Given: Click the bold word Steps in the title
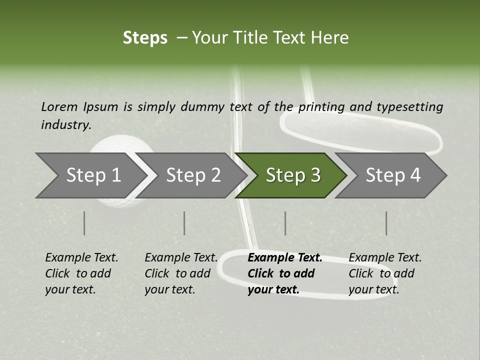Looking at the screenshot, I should coord(145,38).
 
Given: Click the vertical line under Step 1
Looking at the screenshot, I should coord(84,223).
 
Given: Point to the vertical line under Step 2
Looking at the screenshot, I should coord(184,223).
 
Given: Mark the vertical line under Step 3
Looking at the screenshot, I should coord(285,223).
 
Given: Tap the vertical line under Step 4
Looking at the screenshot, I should coord(386,223).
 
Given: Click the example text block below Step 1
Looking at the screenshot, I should coord(81,273).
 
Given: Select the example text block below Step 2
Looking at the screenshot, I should coord(181,273).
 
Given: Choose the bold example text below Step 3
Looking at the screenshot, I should coord(285,273).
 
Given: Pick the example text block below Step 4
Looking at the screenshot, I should coord(385,273).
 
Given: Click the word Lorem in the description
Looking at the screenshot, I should coord(59,106).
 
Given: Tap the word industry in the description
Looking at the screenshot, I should coord(66,125).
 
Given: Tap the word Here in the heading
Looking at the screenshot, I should coord(330,38).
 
